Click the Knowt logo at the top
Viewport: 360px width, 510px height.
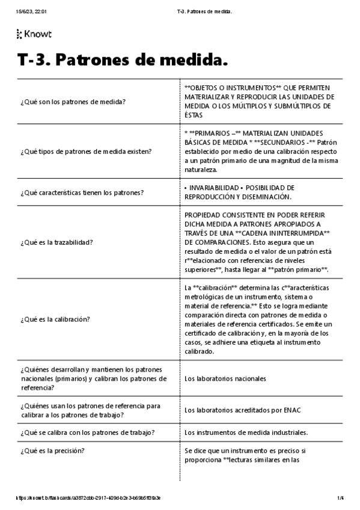coord(35,35)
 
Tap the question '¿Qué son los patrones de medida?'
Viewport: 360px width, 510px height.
coord(73,102)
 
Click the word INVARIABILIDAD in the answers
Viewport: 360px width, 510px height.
coord(211,188)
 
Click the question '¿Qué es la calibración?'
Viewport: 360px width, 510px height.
coord(55,319)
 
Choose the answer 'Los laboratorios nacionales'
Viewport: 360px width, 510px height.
coord(225,379)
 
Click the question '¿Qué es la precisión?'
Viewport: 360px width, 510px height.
coord(52,450)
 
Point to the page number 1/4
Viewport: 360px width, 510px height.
coord(340,498)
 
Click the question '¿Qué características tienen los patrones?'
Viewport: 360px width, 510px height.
coord(86,192)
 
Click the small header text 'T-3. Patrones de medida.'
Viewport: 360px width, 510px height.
coord(206,12)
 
